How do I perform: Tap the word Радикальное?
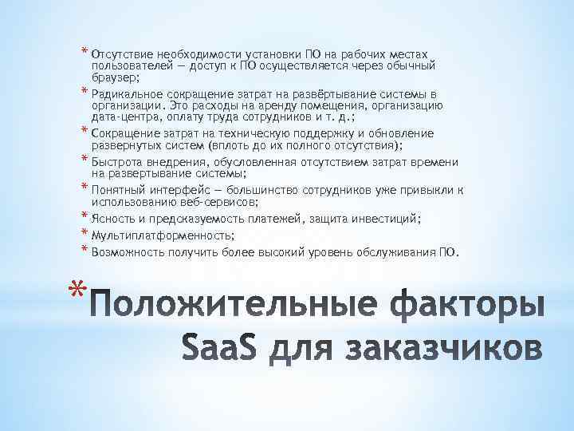coord(128,94)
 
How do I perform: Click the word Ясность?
coord(114,219)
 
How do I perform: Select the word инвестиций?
coord(391,219)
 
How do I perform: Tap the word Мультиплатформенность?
coord(162,236)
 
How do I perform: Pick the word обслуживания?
coord(395,253)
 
